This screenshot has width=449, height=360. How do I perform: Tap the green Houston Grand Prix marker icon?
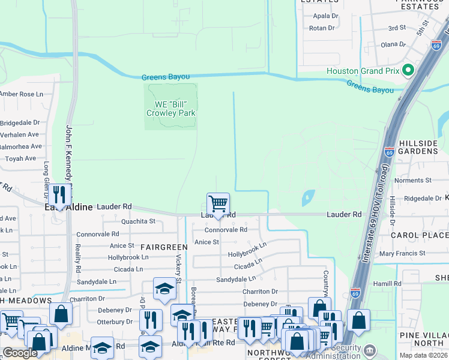click(x=408, y=71)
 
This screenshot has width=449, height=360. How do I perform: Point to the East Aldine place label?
click(x=68, y=207)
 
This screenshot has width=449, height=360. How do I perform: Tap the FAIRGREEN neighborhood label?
click(x=164, y=247)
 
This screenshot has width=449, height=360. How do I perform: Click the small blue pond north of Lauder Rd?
click(x=308, y=196)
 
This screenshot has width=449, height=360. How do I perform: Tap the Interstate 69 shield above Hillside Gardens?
click(x=389, y=151)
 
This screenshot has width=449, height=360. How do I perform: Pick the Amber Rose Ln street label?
click(x=22, y=94)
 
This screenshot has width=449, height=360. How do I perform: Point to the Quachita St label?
click(x=138, y=221)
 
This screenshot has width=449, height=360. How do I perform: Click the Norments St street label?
click(x=409, y=181)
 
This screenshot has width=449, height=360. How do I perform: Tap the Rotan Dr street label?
click(x=322, y=28)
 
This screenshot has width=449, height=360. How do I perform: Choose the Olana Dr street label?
click(x=394, y=44)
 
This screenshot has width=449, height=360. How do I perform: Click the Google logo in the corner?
click(x=20, y=353)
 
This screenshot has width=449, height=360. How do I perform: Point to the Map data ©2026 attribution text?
click(x=424, y=355)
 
